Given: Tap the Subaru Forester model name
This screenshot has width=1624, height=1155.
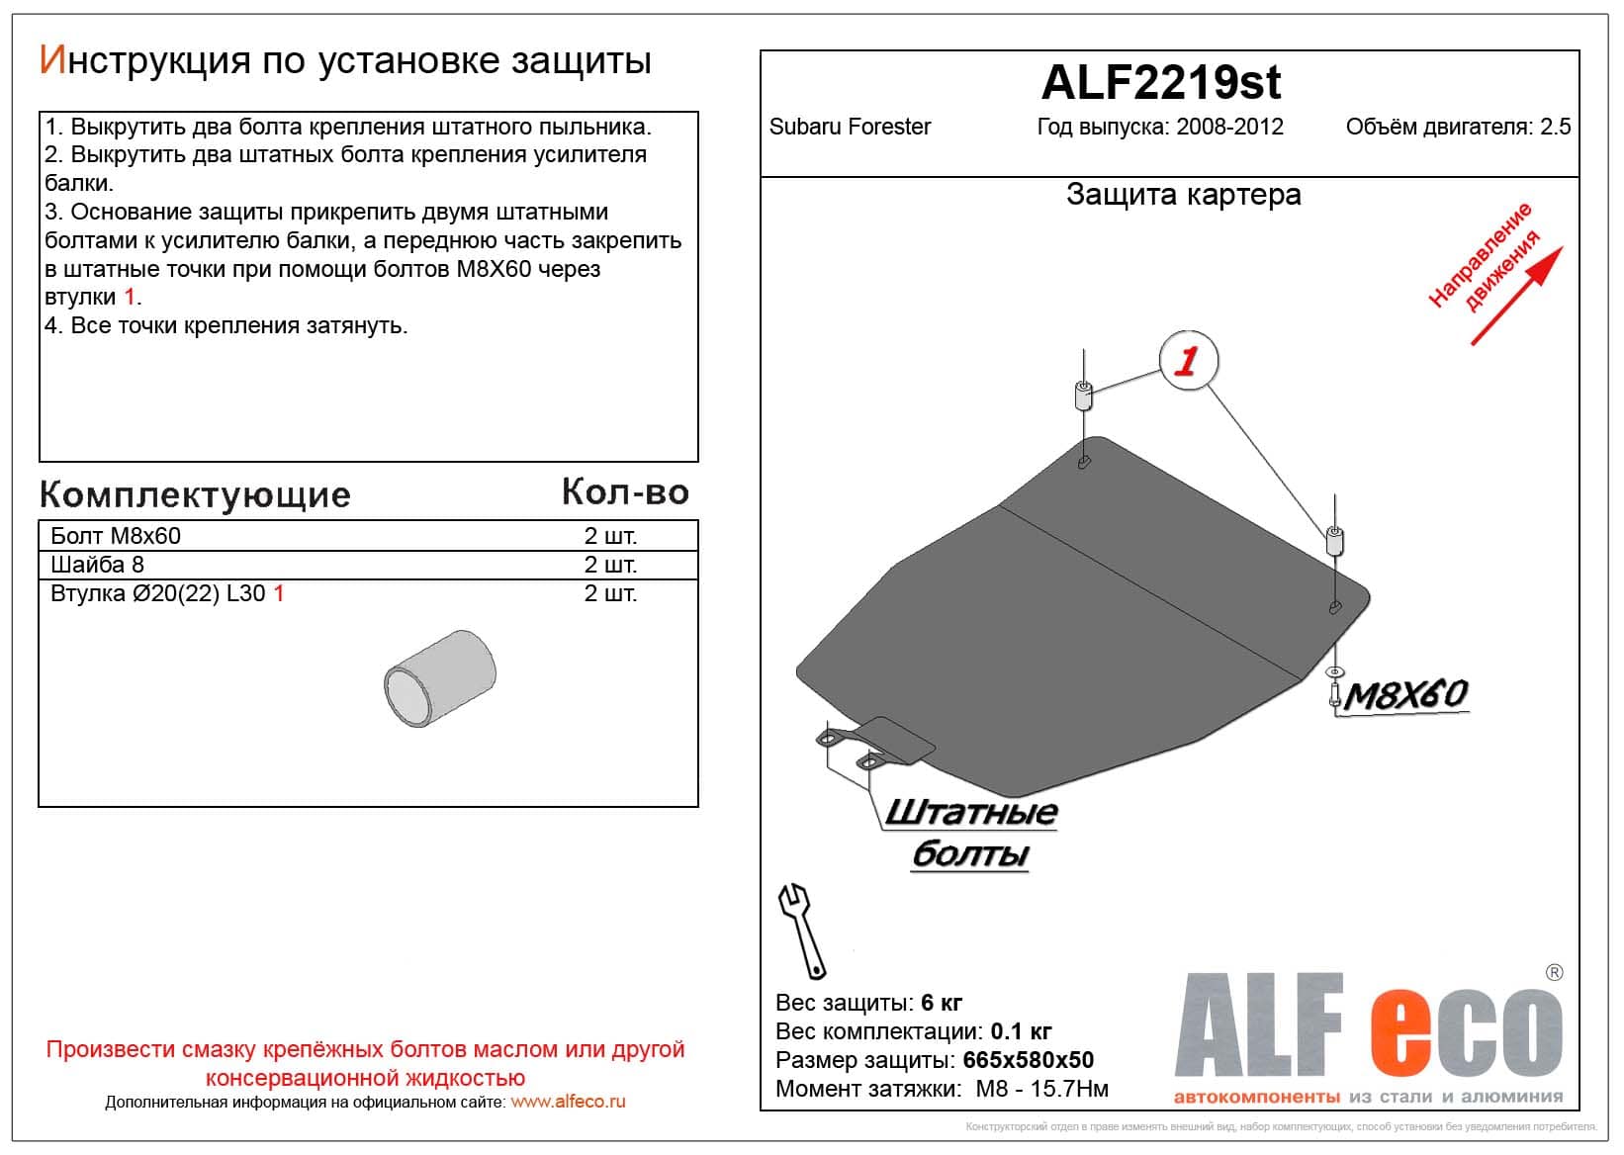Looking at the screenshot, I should pos(850,127).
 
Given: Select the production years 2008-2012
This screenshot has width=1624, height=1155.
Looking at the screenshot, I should pos(1229,127).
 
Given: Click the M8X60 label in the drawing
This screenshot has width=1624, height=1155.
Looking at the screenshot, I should pos(1405,695).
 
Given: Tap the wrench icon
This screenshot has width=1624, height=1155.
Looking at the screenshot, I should pos(802,931).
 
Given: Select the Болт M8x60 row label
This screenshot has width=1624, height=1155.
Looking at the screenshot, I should pos(116,536).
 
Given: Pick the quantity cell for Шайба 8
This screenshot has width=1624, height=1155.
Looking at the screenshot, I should pos(610,565).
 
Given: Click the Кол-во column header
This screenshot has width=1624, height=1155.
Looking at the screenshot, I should pos(625,491).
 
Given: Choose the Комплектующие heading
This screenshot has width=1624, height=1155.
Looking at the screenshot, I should pos(195,494).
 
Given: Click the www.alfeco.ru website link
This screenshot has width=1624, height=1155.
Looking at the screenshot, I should pos(568,1102).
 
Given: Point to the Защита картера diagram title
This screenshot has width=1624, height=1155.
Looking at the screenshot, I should pos(1183,195).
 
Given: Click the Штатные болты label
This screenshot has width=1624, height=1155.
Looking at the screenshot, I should pos(970,833).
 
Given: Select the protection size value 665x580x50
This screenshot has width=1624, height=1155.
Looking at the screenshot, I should pos(1029,1060).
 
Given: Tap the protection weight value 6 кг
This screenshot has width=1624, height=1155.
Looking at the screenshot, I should pos(941,1003).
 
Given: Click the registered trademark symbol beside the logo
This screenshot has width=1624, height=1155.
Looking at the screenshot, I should pos(1554,973).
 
